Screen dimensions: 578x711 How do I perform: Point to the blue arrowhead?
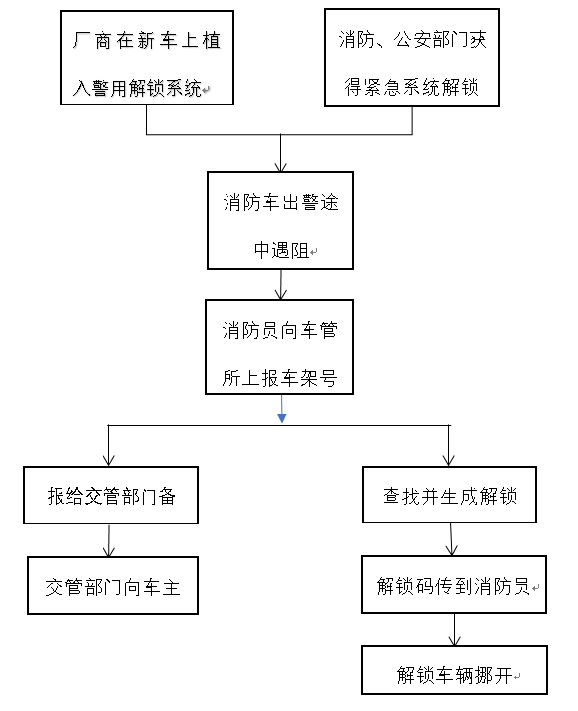pyautogui.click(x=282, y=418)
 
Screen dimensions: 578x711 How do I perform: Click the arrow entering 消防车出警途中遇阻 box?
pyautogui.click(x=280, y=152)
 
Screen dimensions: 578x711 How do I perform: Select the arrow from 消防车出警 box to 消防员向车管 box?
pyautogui.click(x=281, y=284)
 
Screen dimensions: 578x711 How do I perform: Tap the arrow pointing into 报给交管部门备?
pyautogui.click(x=108, y=445)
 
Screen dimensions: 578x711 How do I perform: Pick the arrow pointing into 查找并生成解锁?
pyautogui.click(x=449, y=445)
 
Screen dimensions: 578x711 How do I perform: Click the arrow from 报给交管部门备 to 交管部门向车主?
pyautogui.click(x=109, y=540)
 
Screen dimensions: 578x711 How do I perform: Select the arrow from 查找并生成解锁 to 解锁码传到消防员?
pyautogui.click(x=451, y=539)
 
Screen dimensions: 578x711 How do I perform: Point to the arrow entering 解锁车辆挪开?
pyautogui.click(x=454, y=629)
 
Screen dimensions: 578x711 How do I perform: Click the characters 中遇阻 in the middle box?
pyautogui.click(x=281, y=250)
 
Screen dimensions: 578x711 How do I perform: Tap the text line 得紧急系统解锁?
pyautogui.click(x=412, y=87)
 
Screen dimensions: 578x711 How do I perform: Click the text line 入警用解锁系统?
pyautogui.click(x=138, y=88)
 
